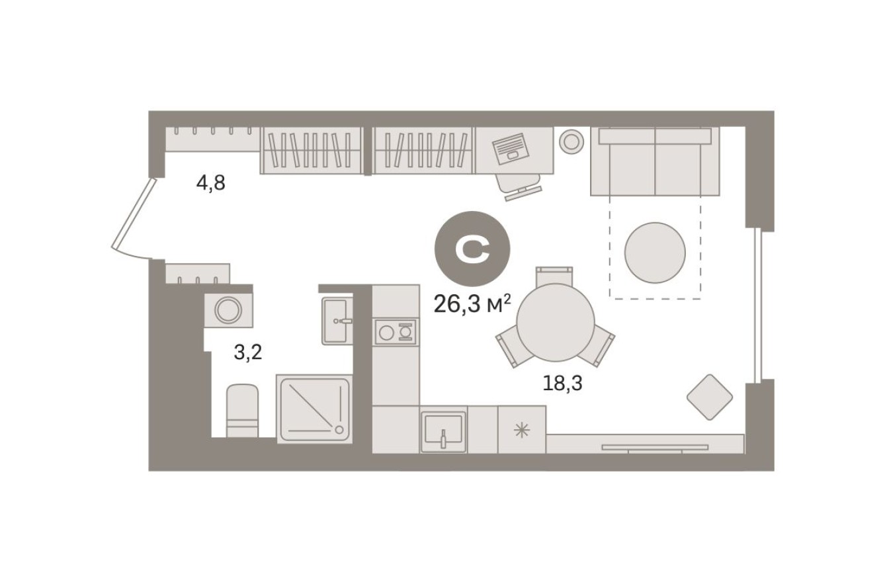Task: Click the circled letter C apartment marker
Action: pos(472,249)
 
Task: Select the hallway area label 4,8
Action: pos(210,183)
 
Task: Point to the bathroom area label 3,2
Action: pos(248,352)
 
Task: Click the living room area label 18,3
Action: pos(562,383)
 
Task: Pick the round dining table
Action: pos(556,322)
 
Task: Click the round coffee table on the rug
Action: pos(655,252)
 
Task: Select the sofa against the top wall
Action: pos(655,162)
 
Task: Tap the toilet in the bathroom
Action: pos(242,411)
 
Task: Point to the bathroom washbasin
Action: pos(337,321)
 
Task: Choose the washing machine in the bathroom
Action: pos(229,309)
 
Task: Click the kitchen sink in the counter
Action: pos(443,431)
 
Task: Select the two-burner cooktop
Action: pos(396,331)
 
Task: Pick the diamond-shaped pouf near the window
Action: pos(709,397)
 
